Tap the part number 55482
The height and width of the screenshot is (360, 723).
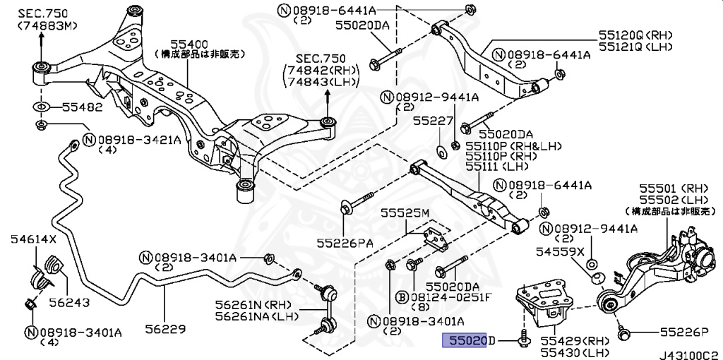82,107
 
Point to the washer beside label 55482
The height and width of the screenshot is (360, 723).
40,107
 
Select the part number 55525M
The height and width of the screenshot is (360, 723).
405,212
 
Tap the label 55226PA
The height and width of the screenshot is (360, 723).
345,243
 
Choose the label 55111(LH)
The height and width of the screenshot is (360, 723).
501,167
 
